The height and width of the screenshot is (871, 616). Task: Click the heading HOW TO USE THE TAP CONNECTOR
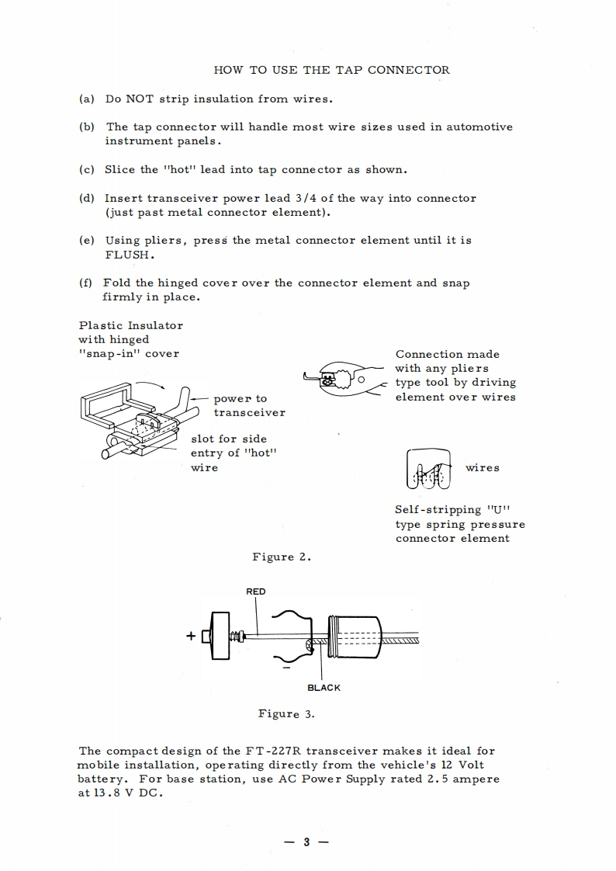point(331,70)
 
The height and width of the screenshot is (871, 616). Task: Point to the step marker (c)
point(87,169)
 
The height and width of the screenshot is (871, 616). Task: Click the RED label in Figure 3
point(255,592)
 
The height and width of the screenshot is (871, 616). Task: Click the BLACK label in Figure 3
point(324,688)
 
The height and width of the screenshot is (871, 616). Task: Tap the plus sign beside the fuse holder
point(190,637)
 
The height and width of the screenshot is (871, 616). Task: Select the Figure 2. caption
point(282,557)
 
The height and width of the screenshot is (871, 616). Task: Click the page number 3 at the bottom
point(306,842)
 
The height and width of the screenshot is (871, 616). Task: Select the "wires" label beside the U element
point(482,467)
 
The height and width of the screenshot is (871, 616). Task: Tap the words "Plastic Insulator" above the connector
point(130,325)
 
